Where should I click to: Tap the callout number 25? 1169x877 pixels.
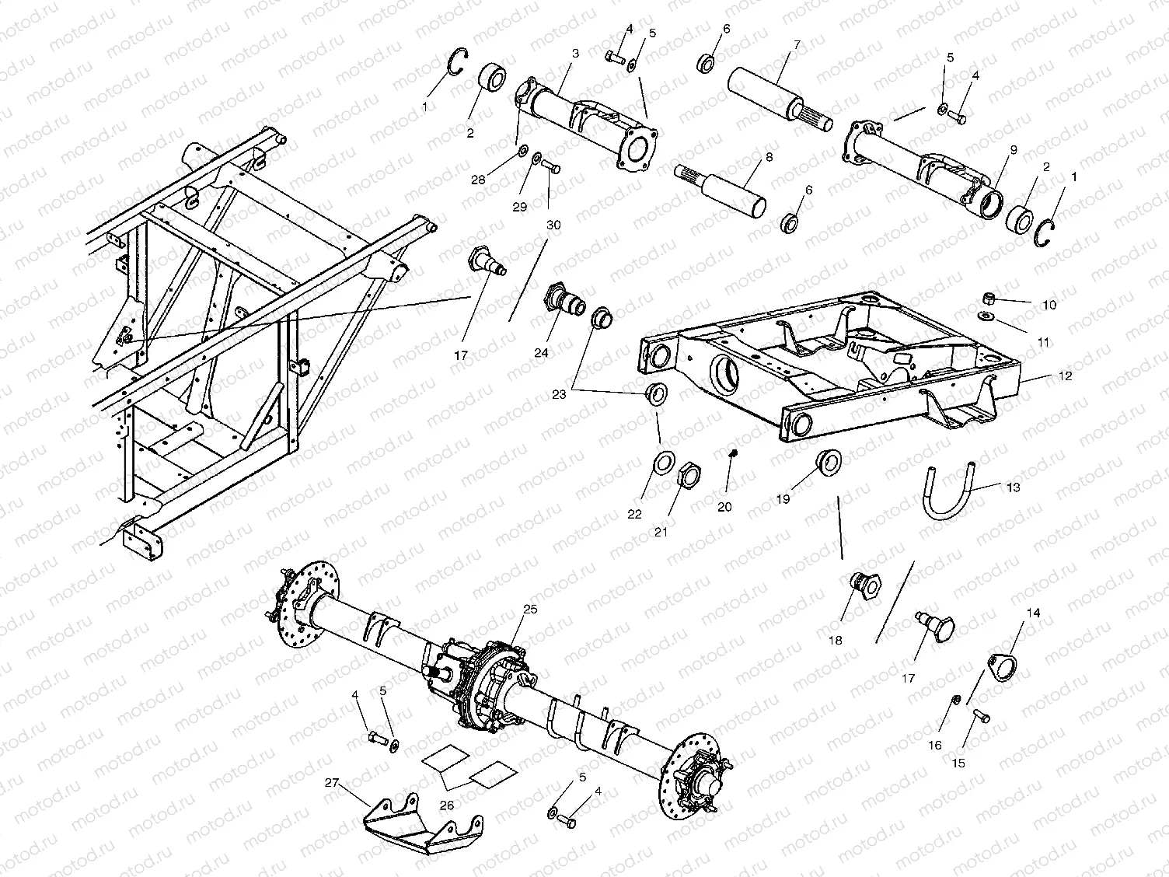click(x=529, y=610)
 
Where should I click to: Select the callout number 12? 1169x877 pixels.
click(x=1064, y=376)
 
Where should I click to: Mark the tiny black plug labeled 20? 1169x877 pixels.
click(x=731, y=452)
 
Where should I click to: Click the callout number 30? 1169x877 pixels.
click(x=553, y=224)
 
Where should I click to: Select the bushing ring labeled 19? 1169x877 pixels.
click(x=829, y=462)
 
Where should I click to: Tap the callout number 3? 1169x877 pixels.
click(x=574, y=54)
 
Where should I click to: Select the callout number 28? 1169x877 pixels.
click(x=478, y=180)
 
